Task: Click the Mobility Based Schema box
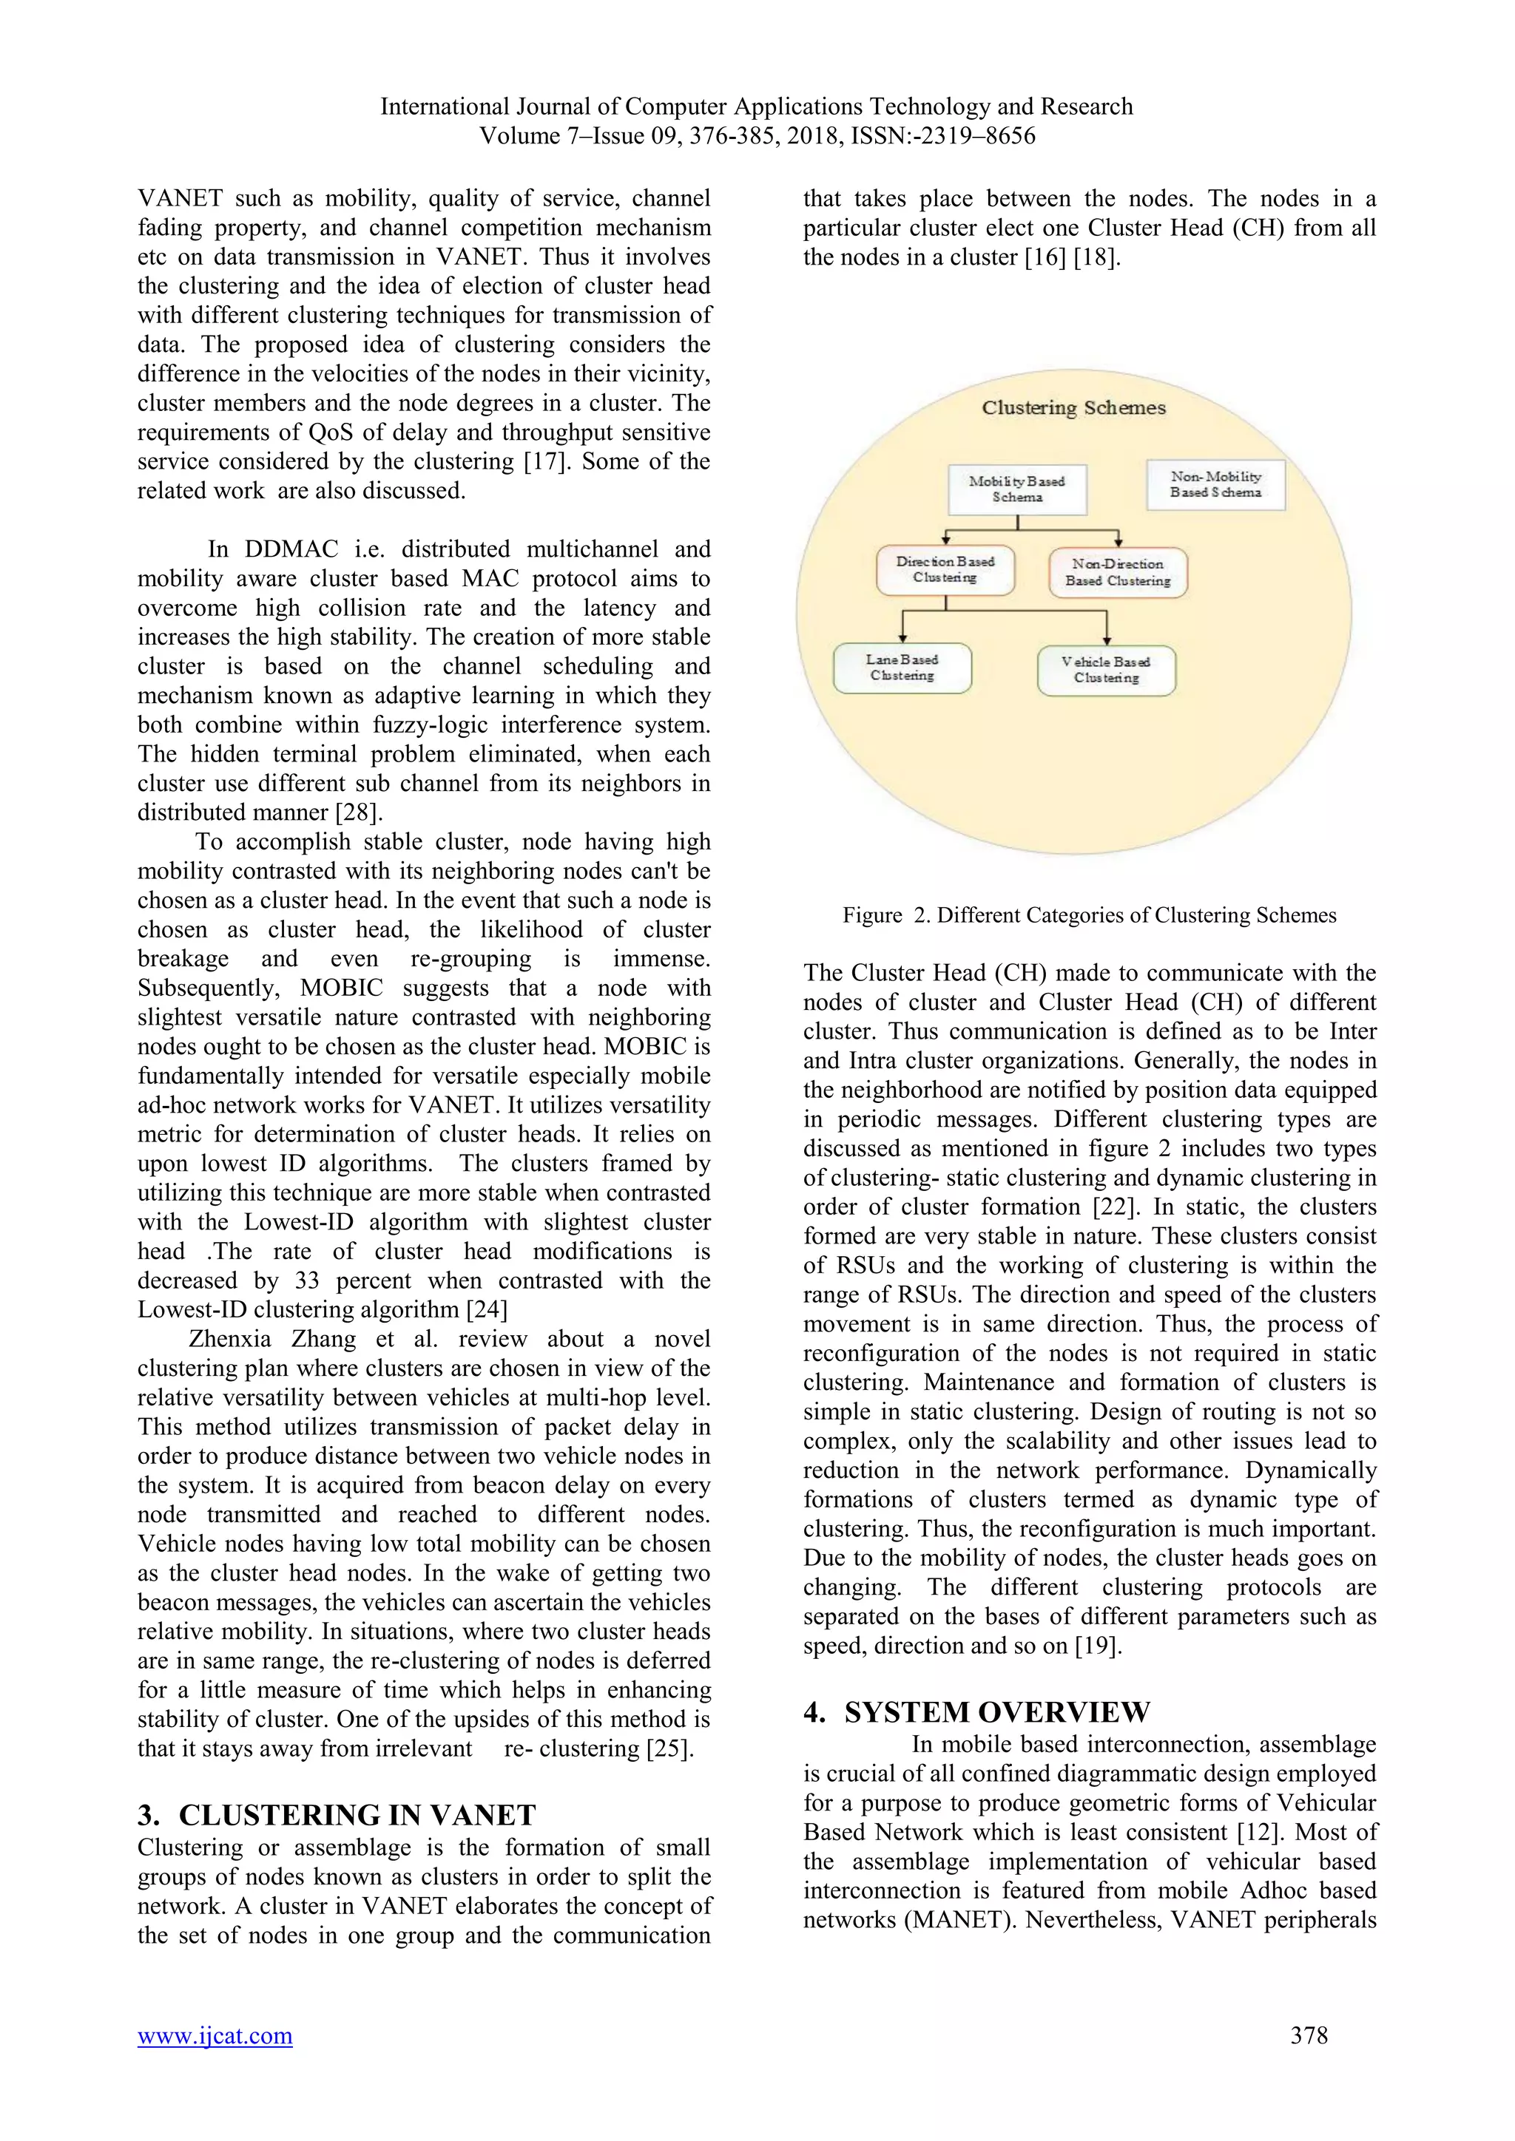pyautogui.click(x=1017, y=489)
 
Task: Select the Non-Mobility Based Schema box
pyautogui.click(x=1215, y=484)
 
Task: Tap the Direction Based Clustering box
pyautogui.click(x=945, y=570)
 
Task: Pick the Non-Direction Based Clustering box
pyautogui.click(x=1118, y=572)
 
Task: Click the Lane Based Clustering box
pyautogui.click(x=902, y=668)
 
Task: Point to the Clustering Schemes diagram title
pyautogui.click(x=1073, y=407)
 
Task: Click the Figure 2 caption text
pyautogui.click(x=1089, y=915)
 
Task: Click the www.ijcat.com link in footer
pyautogui.click(x=215, y=2035)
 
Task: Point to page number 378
pyautogui.click(x=1308, y=2035)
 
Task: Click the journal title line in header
pyautogui.click(x=757, y=106)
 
